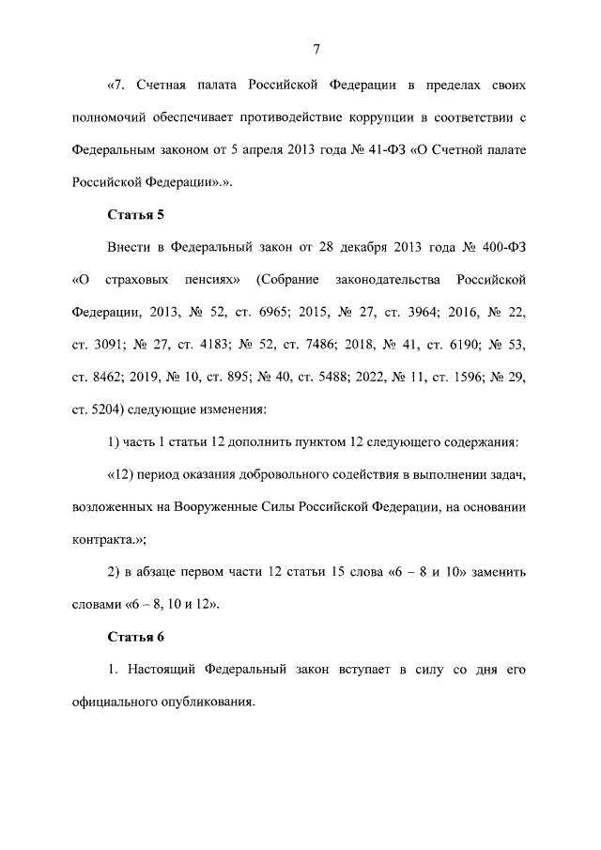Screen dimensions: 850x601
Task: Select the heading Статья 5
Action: pos(136,214)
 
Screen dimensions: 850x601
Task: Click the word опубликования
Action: pos(205,702)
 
